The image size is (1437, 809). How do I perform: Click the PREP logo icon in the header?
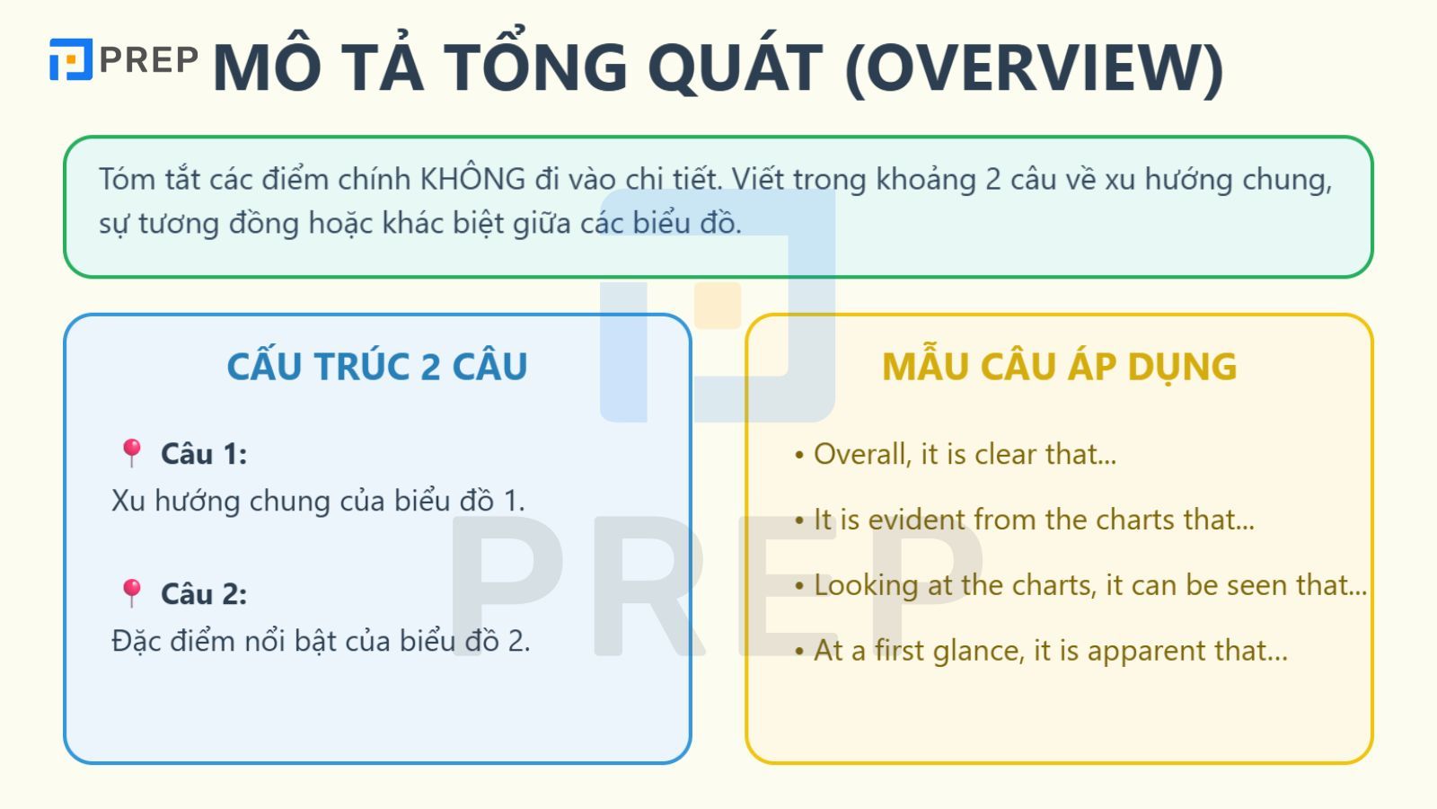pos(70,59)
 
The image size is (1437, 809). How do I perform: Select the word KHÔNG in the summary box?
pos(472,179)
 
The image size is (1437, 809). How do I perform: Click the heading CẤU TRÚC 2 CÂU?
pos(377,367)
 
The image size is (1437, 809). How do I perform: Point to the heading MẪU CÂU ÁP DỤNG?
pos(1059,367)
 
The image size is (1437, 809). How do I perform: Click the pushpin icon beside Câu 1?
pos(132,453)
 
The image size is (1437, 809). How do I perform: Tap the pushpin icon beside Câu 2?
pos(132,593)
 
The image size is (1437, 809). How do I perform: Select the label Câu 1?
pos(204,454)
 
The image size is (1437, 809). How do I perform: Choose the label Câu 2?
pos(204,594)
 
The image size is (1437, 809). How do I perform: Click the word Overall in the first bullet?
pos(862,454)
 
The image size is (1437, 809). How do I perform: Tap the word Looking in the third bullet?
pos(866,585)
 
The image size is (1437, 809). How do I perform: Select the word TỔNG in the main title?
pos(535,67)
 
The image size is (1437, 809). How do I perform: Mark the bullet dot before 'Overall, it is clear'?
pos(799,456)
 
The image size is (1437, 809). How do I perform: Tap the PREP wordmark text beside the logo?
pos(148,59)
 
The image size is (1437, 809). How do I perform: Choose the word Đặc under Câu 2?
pos(135,641)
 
